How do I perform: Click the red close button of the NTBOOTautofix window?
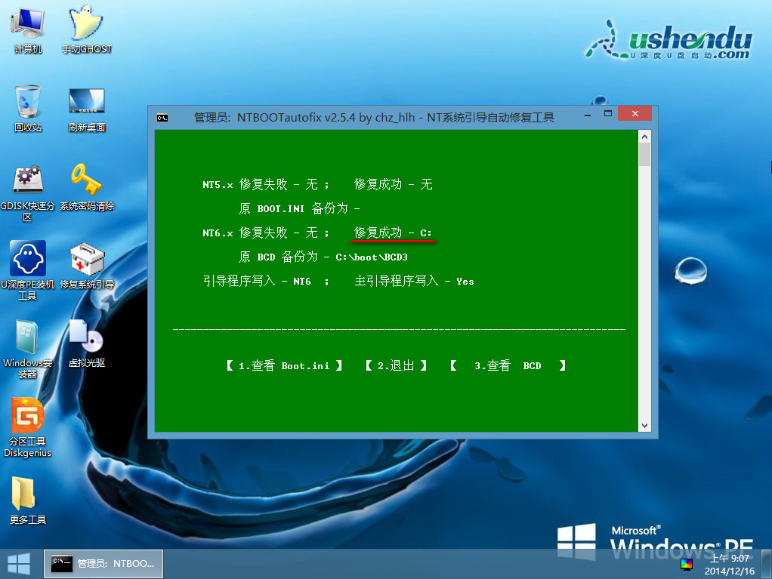[635, 114]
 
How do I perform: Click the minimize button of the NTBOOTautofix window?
[588, 115]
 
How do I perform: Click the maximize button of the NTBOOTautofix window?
[608, 114]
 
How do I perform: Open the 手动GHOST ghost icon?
[86, 23]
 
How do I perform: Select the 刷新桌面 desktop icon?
[87, 101]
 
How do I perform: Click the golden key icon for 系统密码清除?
[86, 179]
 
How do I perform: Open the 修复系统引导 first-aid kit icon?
[87, 259]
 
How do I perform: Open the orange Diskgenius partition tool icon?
[27, 415]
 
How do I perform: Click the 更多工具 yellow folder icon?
[23, 494]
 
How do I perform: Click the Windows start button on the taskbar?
[19, 564]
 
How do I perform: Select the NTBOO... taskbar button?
[103, 564]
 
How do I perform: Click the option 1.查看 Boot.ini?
[284, 365]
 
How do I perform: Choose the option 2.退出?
[396, 365]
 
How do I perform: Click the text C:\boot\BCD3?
[372, 257]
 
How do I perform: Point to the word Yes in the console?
[465, 282]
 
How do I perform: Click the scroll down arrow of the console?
[644, 426]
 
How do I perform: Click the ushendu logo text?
[690, 38]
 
